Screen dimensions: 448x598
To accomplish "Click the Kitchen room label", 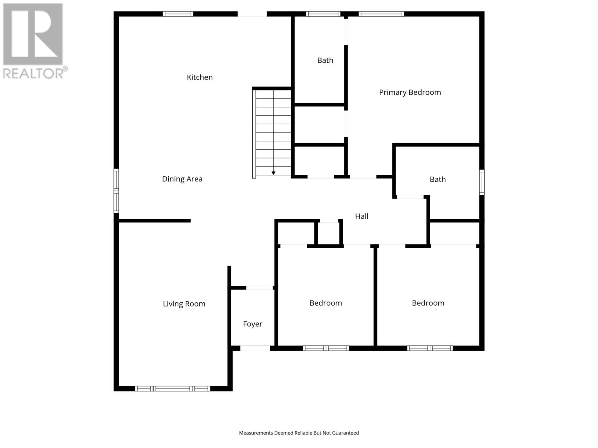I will [200, 77].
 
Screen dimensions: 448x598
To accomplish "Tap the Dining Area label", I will [182, 179].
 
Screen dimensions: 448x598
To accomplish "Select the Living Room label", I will [184, 304].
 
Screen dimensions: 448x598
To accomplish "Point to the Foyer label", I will [253, 324].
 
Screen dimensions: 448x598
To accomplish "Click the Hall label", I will [361, 216].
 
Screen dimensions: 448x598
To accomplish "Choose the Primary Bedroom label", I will [410, 92].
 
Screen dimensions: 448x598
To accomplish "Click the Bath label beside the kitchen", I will [325, 60].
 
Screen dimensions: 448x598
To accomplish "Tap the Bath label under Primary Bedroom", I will [437, 180].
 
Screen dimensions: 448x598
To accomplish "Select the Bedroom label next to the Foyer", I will [326, 303].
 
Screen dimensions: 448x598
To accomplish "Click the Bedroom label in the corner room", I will [428, 303].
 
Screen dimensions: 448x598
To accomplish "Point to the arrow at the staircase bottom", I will [274, 173].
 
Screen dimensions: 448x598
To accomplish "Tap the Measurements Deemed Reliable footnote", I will [299, 433].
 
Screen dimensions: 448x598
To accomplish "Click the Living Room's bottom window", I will [172, 389].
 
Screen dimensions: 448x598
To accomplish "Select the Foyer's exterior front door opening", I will [255, 348].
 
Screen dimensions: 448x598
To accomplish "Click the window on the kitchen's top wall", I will [178, 14].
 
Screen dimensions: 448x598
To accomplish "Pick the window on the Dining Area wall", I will [116, 191].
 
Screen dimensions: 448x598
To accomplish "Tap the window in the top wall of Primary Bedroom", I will [381, 14].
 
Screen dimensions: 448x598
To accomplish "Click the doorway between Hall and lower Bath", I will [410, 197].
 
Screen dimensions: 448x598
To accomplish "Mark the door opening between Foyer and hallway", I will [259, 288].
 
